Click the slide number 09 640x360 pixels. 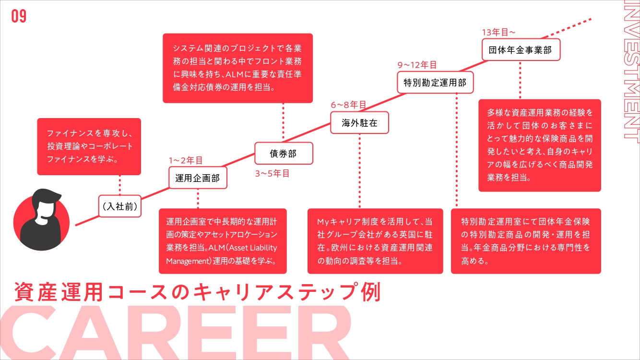tap(19, 16)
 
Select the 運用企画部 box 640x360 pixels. tap(198, 178)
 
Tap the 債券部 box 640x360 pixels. tap(284, 153)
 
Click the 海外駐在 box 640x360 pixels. tap(359, 123)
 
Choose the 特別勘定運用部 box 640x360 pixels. tap(435, 83)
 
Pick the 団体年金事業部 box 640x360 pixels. tap(521, 50)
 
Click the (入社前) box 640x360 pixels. tap(120, 206)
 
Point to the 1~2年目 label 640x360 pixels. tap(186, 160)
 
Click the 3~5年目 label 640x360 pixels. tap(273, 173)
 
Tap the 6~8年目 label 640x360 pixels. tap(348, 105)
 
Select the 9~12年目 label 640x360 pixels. tap(417, 65)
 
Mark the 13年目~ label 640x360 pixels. tap(498, 32)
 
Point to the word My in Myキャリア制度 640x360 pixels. tap(323, 222)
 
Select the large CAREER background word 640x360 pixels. tap(176, 333)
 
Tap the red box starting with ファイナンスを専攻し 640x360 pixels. tap(89, 146)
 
